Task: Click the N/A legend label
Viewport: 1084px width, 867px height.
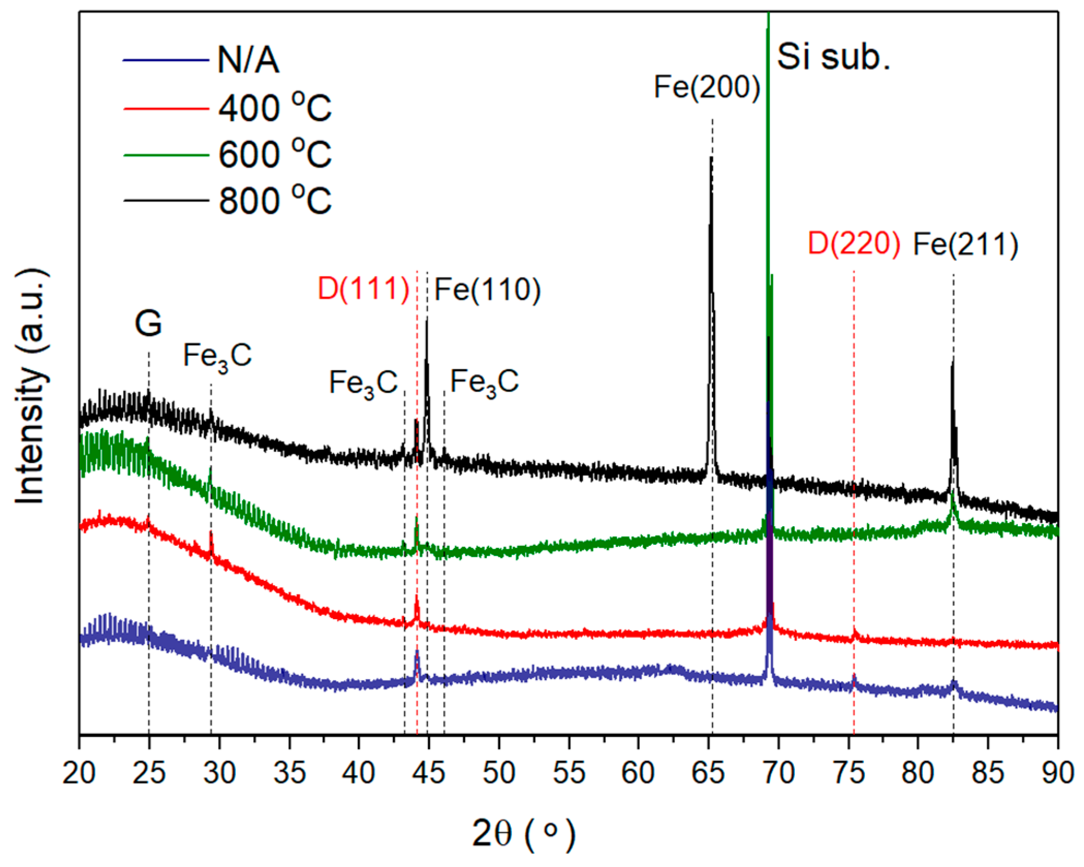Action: pyautogui.click(x=248, y=60)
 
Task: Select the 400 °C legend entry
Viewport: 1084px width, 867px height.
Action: pyautogui.click(x=274, y=108)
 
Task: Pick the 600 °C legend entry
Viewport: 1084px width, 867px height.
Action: pyautogui.click(x=274, y=154)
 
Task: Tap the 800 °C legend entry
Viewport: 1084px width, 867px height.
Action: pyautogui.click(x=274, y=200)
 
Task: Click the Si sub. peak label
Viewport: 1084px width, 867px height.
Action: pyautogui.click(x=834, y=57)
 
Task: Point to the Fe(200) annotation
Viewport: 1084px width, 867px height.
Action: pyautogui.click(x=706, y=87)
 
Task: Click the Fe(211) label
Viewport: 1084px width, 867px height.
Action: pyautogui.click(x=965, y=244)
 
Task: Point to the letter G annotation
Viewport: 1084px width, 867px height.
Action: pyautogui.click(x=148, y=324)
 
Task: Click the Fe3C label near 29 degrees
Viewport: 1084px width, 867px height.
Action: pyautogui.click(x=217, y=356)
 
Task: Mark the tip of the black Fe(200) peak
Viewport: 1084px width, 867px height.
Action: pyautogui.click(x=711, y=157)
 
